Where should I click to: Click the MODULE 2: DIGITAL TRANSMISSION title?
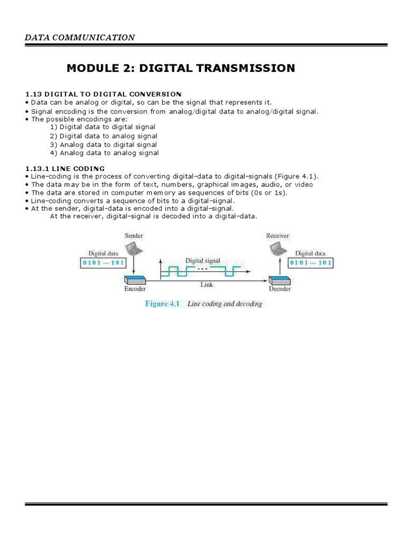click(180, 68)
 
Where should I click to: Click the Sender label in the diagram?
click(134, 235)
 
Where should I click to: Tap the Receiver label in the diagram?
click(278, 235)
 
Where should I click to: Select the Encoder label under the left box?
click(134, 289)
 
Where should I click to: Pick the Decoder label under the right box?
click(279, 289)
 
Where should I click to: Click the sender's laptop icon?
click(132, 248)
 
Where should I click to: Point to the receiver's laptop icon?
click(278, 248)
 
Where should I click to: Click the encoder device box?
click(134, 279)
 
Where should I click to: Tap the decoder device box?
click(279, 279)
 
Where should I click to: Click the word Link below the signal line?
click(207, 285)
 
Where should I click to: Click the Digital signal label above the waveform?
click(203, 261)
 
